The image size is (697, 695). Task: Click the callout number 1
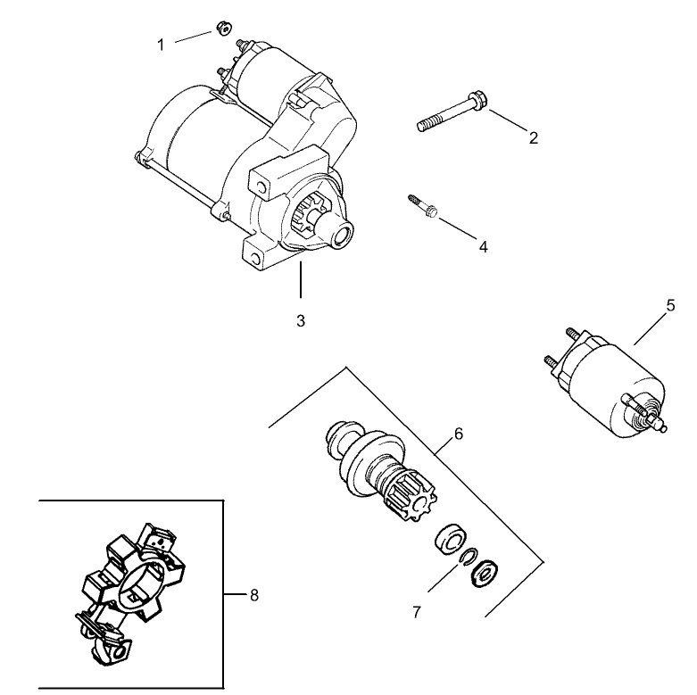pos(162,44)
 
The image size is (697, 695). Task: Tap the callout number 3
pos(301,319)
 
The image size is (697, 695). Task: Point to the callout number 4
pos(483,246)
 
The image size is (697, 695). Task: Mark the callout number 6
pos(458,434)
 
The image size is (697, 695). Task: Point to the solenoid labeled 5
pos(612,382)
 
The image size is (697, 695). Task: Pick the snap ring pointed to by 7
pos(465,558)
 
